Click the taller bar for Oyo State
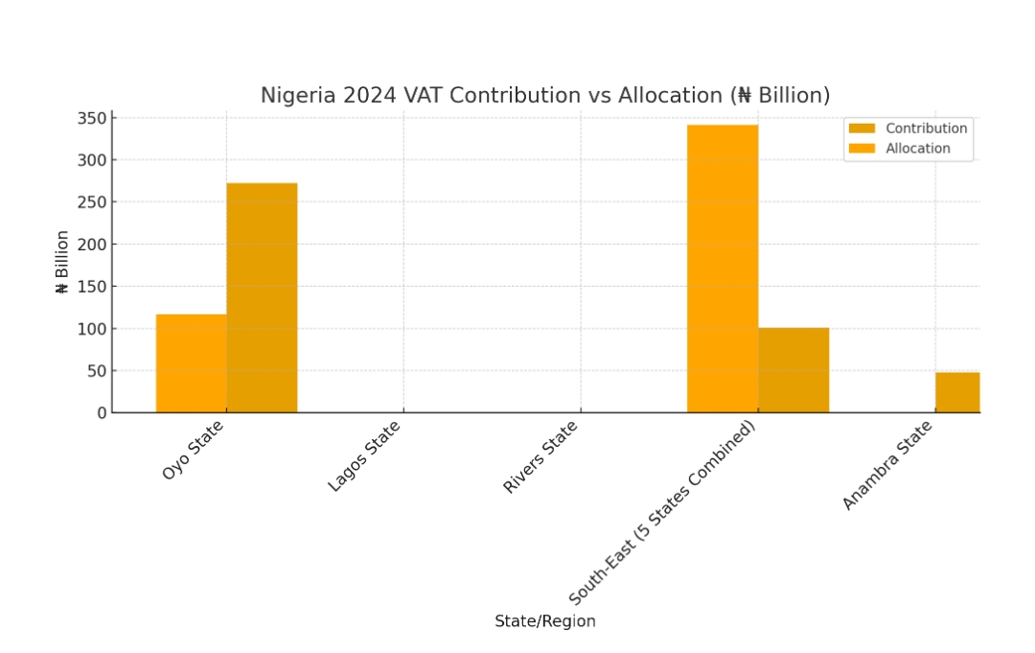(262, 297)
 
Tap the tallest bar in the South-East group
(722, 268)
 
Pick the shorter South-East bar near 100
(793, 369)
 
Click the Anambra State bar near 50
(956, 392)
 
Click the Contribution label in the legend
(926, 128)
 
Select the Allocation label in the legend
(917, 149)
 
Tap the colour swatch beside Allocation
(862, 149)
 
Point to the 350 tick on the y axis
(92, 118)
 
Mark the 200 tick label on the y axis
(92, 245)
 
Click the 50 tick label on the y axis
(96, 371)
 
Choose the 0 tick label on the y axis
(101, 412)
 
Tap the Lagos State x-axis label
(364, 456)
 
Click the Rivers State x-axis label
(540, 457)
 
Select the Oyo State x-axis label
(193, 450)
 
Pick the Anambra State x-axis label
(886, 466)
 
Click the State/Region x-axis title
(544, 621)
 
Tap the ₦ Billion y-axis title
(62, 262)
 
